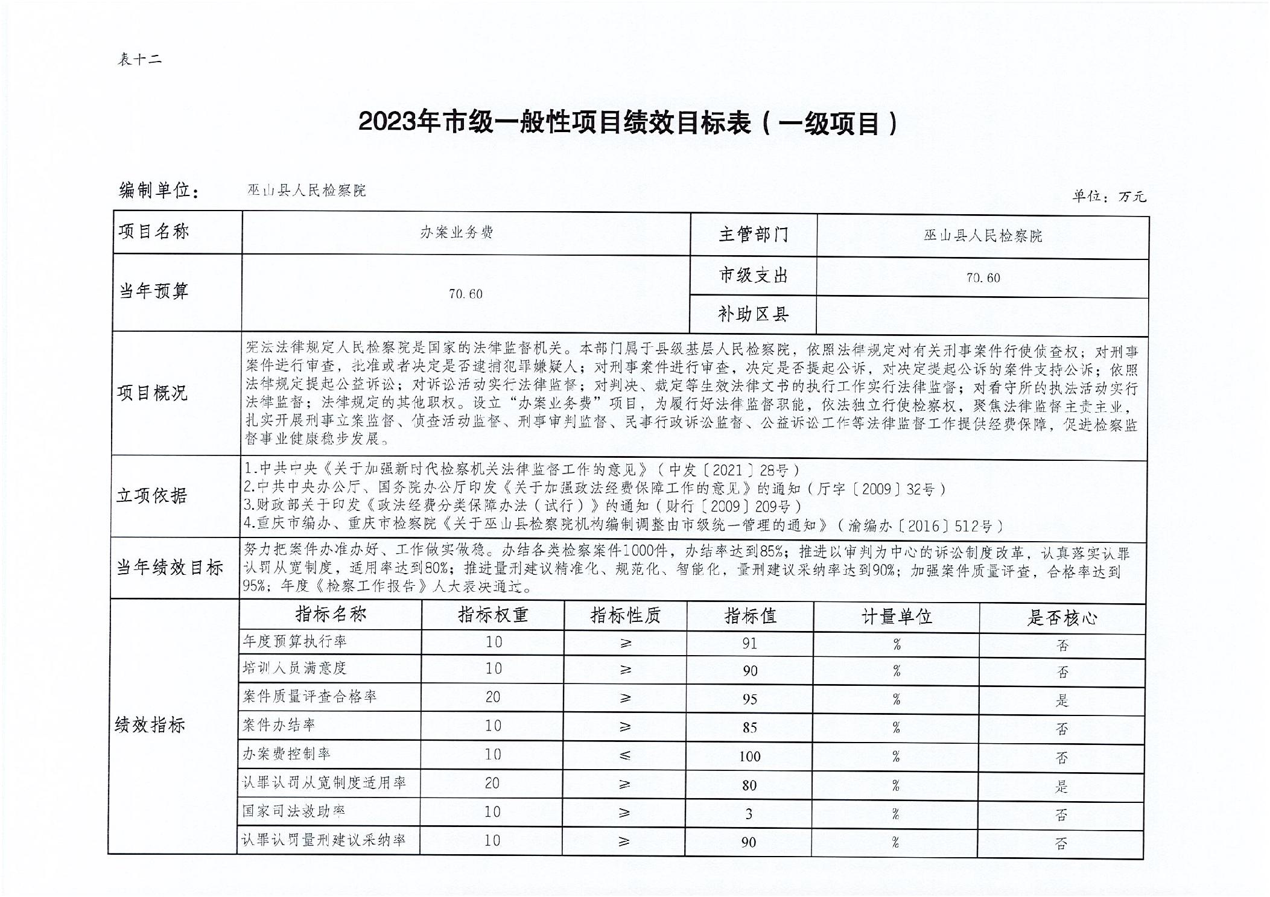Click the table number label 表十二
[140, 59]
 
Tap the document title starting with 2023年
[628, 123]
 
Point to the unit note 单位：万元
[1109, 196]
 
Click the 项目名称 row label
[154, 232]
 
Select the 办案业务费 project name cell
[457, 233]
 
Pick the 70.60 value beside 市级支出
[983, 277]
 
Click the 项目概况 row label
[152, 393]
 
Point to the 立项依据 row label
[152, 495]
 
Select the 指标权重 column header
[492, 615]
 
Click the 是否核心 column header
[1061, 618]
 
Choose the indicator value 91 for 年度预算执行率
[749, 644]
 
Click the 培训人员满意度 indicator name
[294, 668]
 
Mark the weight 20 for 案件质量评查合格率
[492, 697]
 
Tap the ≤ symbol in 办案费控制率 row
[624, 755]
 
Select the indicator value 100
[749, 756]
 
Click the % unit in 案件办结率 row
[896, 728]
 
